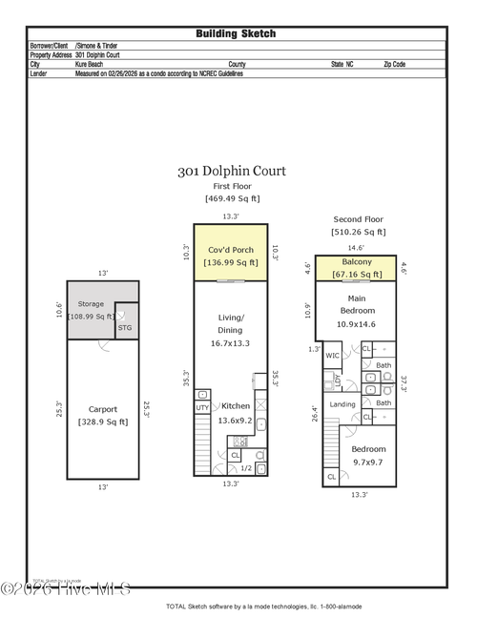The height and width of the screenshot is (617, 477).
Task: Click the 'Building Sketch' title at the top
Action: pos(236,33)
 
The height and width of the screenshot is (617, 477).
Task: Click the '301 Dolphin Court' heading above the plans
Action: pos(231,173)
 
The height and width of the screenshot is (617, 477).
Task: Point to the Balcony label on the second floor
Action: pos(356,262)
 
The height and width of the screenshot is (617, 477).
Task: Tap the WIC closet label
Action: pos(332,356)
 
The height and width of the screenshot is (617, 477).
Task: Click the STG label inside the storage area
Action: pos(124,326)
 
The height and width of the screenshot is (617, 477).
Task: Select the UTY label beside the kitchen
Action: pos(202,407)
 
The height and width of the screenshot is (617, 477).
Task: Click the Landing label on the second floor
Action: pos(342,403)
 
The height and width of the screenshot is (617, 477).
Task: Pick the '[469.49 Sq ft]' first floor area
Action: pos(232,198)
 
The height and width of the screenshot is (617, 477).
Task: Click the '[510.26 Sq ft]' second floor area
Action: pos(359,232)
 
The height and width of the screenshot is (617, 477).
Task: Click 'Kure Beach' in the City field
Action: pos(92,64)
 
